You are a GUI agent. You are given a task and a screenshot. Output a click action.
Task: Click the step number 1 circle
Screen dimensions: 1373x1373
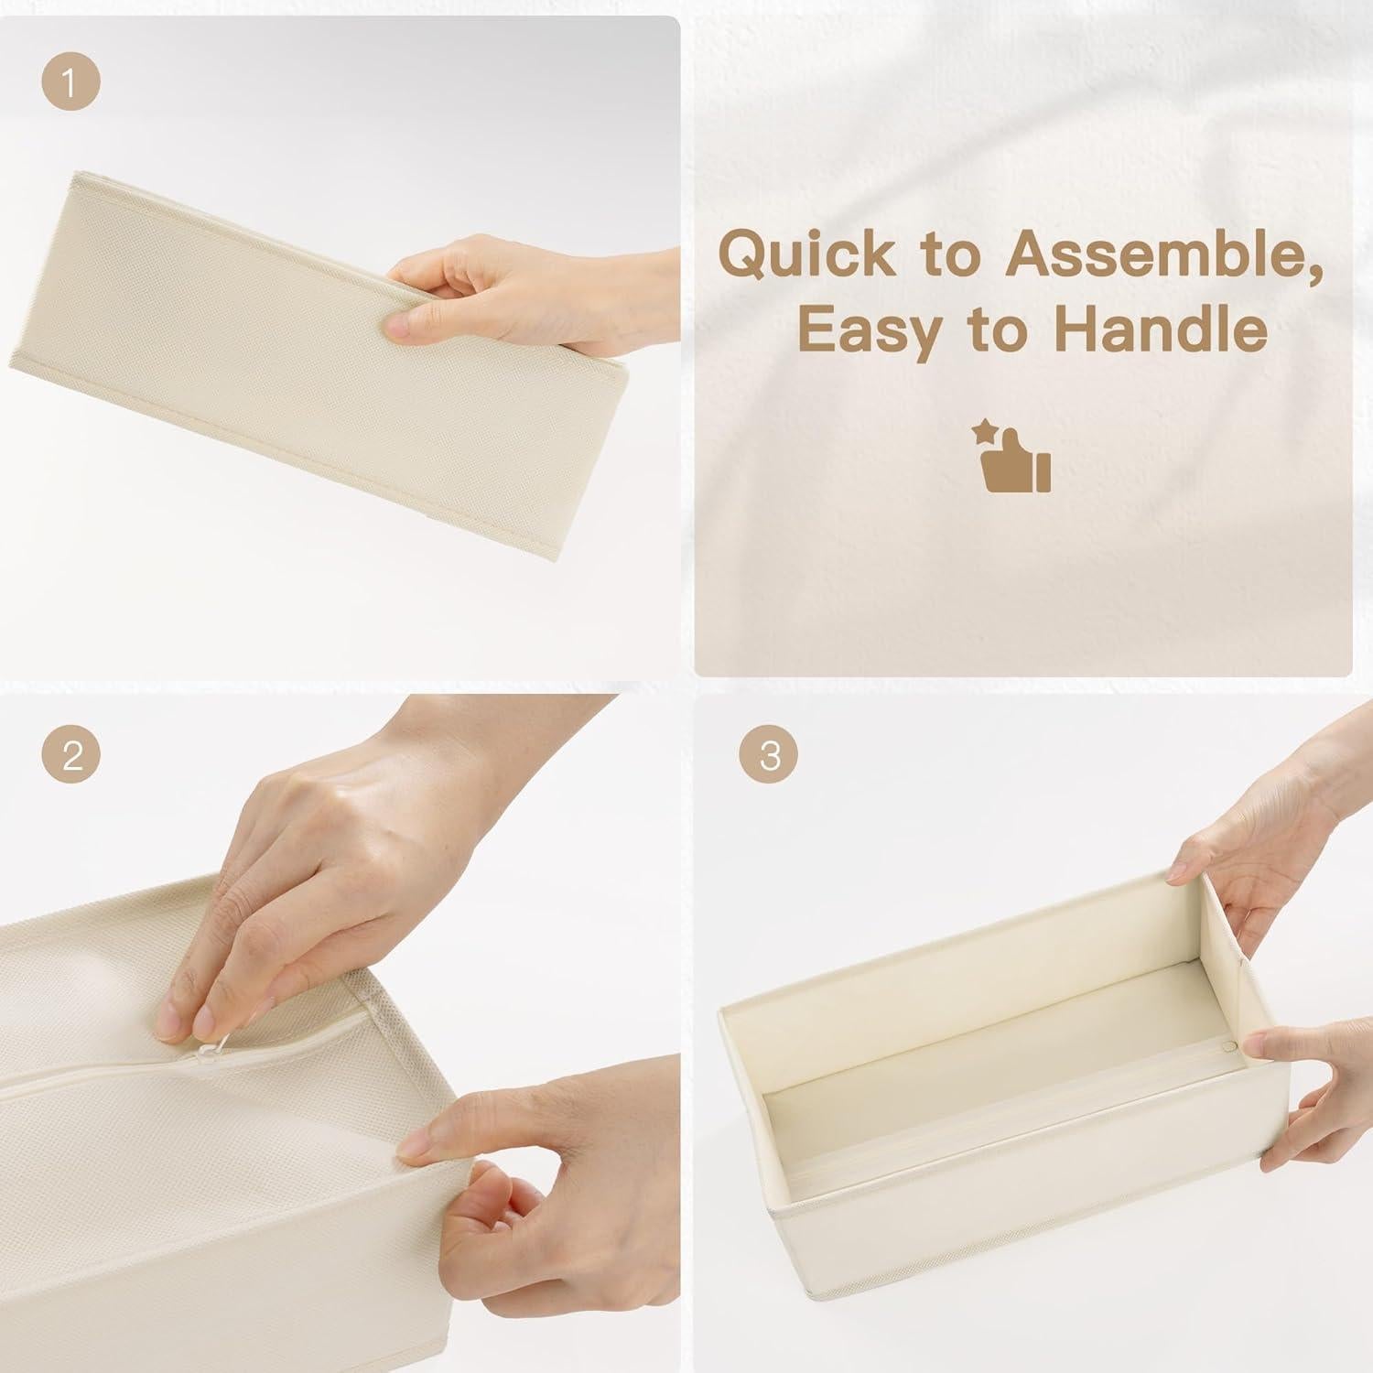pos(70,83)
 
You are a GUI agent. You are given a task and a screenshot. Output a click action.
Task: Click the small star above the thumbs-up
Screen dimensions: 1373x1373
pos(985,429)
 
